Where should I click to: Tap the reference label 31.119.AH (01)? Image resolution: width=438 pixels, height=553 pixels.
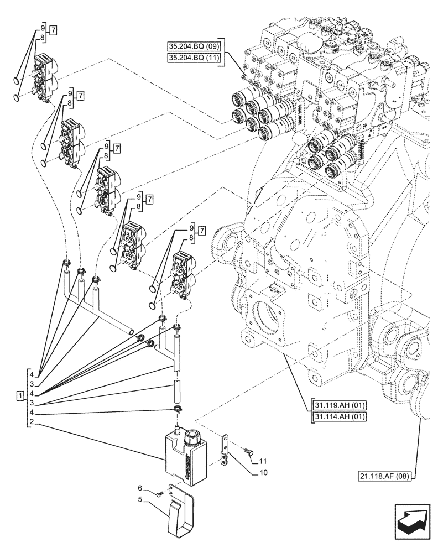tap(339, 405)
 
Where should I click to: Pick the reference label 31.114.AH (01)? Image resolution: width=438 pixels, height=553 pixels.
tap(339, 416)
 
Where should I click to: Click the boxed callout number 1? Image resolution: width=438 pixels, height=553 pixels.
tap(20, 396)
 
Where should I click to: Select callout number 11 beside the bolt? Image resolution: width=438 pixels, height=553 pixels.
tap(262, 460)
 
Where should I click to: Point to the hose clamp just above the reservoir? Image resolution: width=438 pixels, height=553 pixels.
tap(176, 409)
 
